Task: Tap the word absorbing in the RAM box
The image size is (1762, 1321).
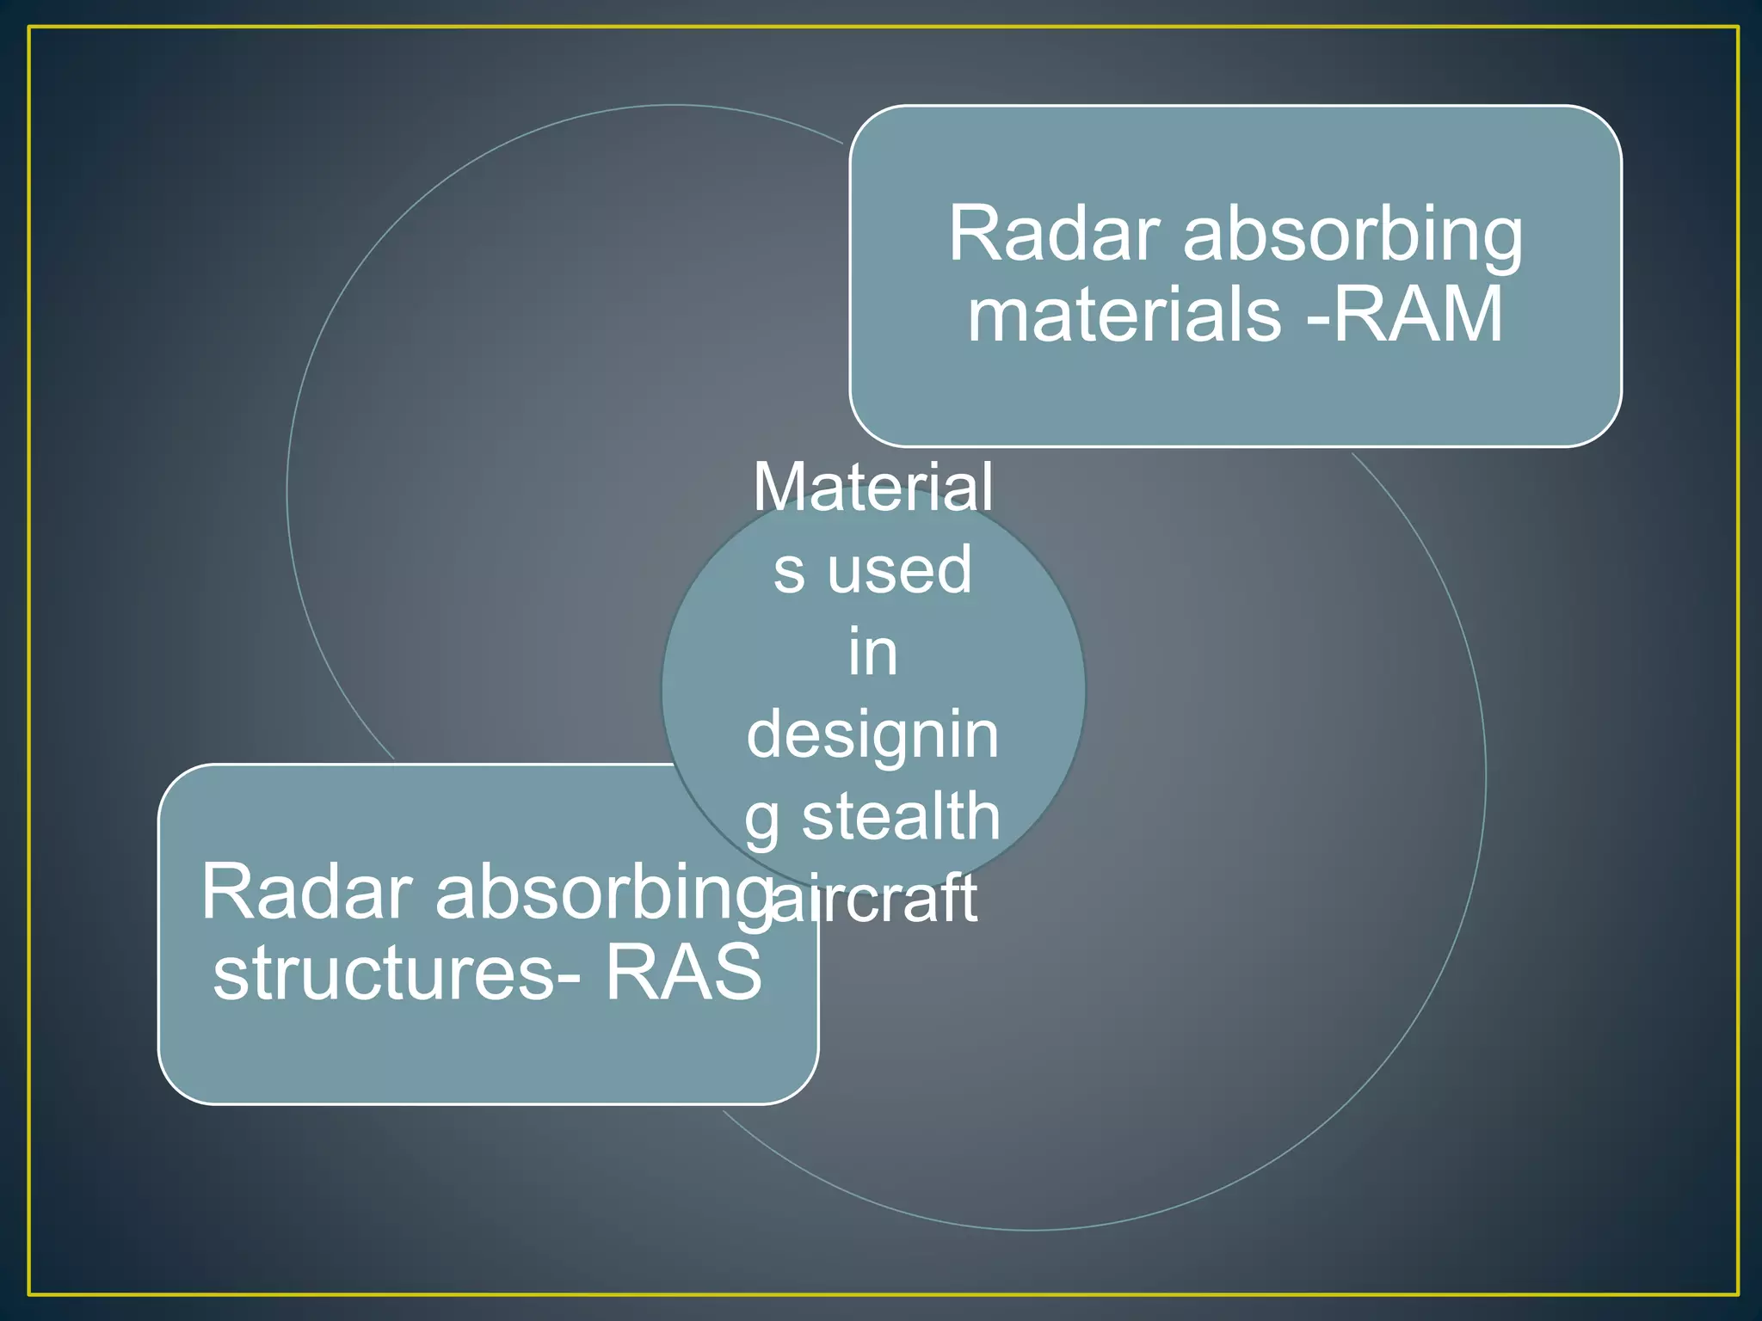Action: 1352,236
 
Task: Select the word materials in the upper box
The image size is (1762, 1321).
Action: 1124,315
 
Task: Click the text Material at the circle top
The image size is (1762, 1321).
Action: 872,488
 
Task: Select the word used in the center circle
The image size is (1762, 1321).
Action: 899,569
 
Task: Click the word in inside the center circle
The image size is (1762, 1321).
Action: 872,652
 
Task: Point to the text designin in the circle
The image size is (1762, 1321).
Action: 872,736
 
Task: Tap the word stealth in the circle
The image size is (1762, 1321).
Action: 901,816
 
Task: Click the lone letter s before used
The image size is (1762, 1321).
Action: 789,571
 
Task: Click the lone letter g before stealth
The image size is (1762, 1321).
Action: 761,821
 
